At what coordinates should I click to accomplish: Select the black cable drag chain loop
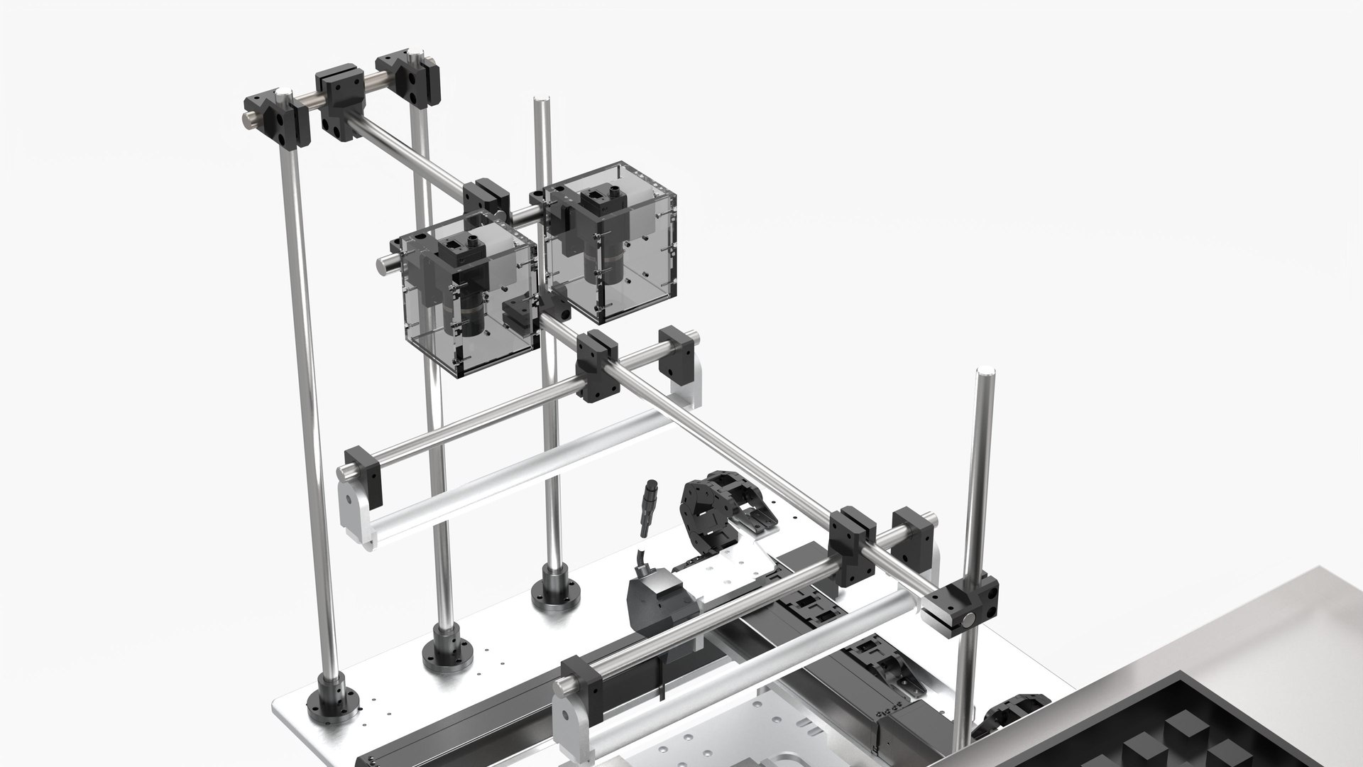click(x=710, y=511)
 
